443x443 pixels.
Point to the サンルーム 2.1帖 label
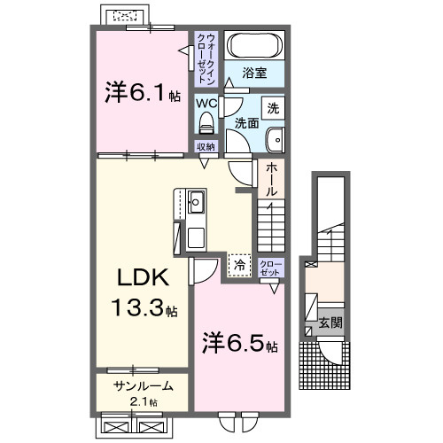[x=142, y=392]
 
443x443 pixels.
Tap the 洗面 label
[x=247, y=123]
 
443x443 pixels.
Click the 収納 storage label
[x=206, y=146]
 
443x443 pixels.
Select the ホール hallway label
[x=271, y=178]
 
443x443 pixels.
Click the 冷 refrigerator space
[x=238, y=263]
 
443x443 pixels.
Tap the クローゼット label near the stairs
[x=271, y=267]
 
